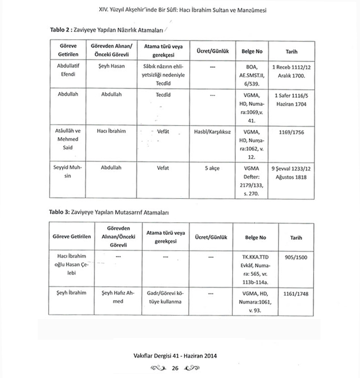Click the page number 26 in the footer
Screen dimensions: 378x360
click(x=175, y=368)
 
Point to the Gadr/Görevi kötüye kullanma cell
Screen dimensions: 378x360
click(x=166, y=297)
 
